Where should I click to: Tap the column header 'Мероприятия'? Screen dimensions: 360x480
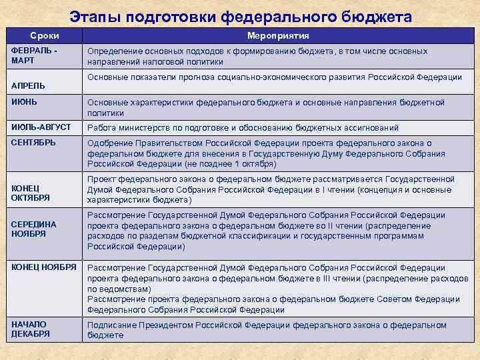(278, 35)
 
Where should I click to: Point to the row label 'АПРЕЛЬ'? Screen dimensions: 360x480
(28, 86)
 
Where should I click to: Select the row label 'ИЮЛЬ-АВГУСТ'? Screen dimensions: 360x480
(41, 127)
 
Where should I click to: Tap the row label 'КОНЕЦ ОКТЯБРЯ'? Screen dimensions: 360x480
(30, 193)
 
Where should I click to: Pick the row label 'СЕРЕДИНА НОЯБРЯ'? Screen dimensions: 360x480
(33, 229)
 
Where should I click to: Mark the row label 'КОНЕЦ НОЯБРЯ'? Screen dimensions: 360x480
(44, 267)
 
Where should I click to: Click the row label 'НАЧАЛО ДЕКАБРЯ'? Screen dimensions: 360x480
(31, 329)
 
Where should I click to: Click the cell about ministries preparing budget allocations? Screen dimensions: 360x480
(243, 127)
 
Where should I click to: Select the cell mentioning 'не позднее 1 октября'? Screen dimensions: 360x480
(266, 153)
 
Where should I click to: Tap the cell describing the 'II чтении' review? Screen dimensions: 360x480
(266, 230)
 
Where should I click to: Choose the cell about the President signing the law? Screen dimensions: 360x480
(267, 329)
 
